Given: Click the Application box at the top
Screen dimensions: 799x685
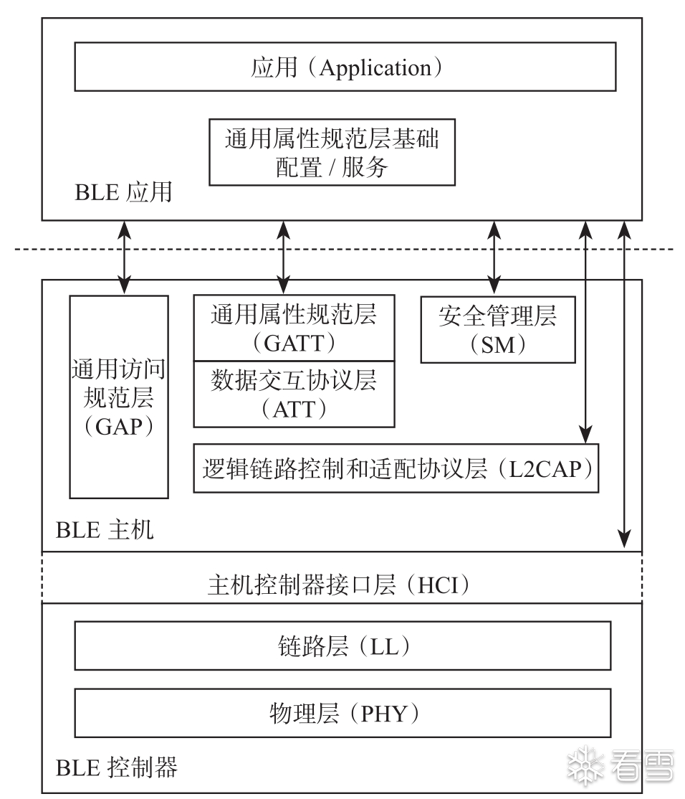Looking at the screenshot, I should coord(345,68).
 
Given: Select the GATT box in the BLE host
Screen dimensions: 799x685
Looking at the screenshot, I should coord(294,327).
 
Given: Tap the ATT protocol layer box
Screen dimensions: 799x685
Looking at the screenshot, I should coord(294,393).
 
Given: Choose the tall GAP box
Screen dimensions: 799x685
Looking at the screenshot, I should coord(119,397).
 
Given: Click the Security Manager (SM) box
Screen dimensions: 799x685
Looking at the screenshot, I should coord(497,329).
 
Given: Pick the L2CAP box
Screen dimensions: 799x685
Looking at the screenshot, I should coord(396,468).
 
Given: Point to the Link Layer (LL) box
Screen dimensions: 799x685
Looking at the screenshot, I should coord(342,646).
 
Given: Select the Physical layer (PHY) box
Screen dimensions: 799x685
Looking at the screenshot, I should coord(342,713).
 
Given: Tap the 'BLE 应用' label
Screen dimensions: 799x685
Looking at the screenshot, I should coord(123,192).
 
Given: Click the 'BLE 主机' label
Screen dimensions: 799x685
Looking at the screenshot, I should coord(104,531).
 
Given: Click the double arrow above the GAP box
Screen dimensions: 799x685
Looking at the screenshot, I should coord(125,257).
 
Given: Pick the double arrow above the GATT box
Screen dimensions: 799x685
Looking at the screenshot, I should coord(284,257).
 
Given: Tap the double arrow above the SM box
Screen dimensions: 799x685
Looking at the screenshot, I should coord(494,257).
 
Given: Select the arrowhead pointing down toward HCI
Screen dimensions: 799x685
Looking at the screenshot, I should coord(626,536).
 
